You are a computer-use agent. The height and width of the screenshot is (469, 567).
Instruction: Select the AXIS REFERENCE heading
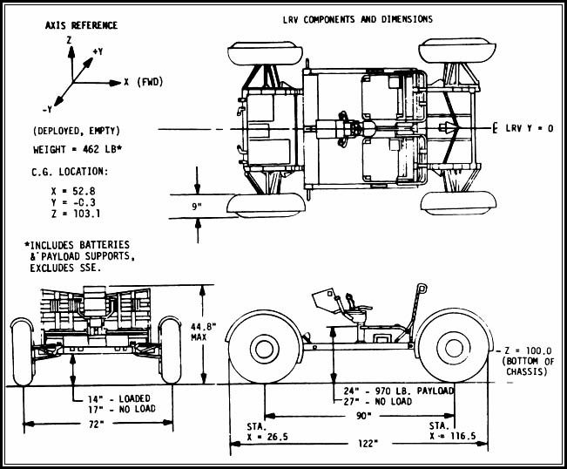click(x=81, y=25)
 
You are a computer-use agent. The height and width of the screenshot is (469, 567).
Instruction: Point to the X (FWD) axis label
click(x=145, y=83)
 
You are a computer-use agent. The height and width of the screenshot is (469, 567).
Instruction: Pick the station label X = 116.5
click(x=452, y=433)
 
